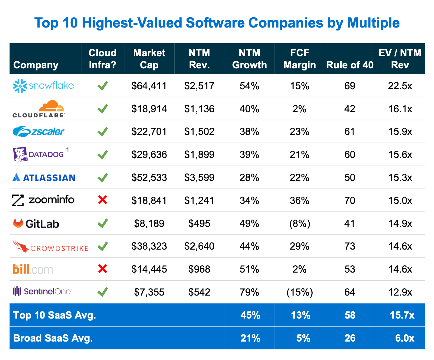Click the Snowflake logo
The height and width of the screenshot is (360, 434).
coord(43,86)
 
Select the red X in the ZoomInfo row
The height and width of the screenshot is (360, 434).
coord(103,200)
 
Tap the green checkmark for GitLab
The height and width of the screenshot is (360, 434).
coord(103,224)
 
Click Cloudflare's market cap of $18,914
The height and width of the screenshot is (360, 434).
coord(149,109)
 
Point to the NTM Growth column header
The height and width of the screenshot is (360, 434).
coord(249,59)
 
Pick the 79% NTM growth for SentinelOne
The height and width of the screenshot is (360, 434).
coord(249,292)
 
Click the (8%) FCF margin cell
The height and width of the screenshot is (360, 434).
coord(300,224)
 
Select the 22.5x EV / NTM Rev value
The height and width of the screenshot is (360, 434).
coord(400,86)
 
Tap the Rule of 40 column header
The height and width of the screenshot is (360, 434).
coord(350,65)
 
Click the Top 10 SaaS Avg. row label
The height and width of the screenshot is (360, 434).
coord(55,315)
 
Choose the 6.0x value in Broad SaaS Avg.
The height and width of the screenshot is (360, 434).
coord(405,338)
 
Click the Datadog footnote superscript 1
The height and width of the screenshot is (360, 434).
coord(68,150)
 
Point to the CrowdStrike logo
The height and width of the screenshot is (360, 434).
coord(50,247)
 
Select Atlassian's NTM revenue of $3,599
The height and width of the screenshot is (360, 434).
coord(199,178)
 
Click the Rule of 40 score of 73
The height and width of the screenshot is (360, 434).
coord(350,246)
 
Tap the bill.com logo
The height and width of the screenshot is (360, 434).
coord(33,269)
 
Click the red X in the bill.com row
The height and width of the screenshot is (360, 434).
coord(103,269)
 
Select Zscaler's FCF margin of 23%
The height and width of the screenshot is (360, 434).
coord(300,132)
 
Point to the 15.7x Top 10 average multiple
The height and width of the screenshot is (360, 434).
coord(402,315)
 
